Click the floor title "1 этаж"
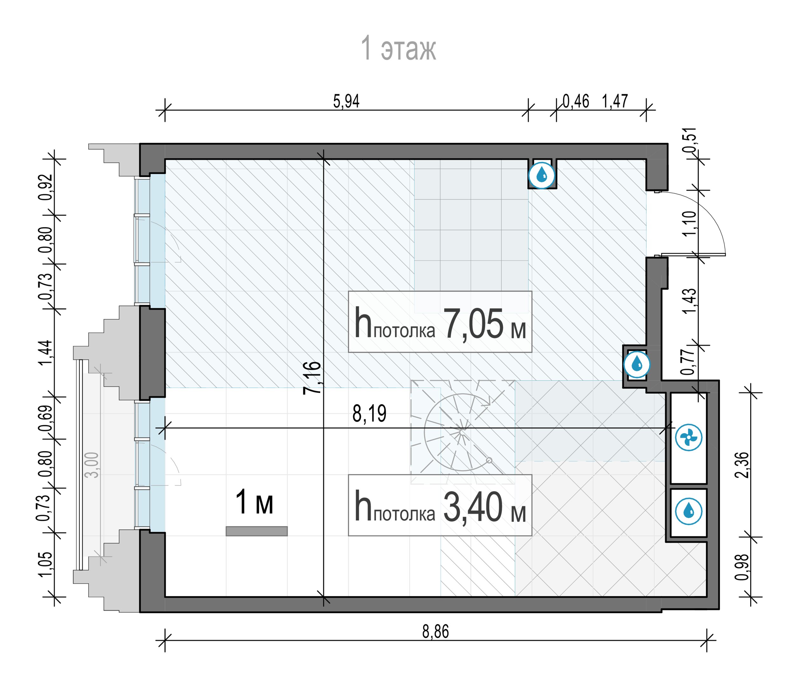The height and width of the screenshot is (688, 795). tap(398, 48)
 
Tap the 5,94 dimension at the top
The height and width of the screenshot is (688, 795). tap(346, 102)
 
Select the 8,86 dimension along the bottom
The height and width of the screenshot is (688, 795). tap(435, 632)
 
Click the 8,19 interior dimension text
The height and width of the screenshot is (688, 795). tap(369, 413)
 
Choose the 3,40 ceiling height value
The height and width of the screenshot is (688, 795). tap(473, 508)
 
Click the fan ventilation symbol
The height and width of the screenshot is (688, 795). tap(689, 437)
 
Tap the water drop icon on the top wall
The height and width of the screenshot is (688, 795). tap(542, 176)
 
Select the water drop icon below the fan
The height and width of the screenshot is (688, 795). tap(689, 511)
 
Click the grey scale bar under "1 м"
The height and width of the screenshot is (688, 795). tap(256, 531)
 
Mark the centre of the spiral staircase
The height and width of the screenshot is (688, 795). tap(461, 432)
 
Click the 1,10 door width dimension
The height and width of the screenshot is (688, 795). tap(690, 223)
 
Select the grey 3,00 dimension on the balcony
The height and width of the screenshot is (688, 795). tap(92, 465)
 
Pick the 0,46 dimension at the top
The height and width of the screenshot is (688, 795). tap(576, 102)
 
